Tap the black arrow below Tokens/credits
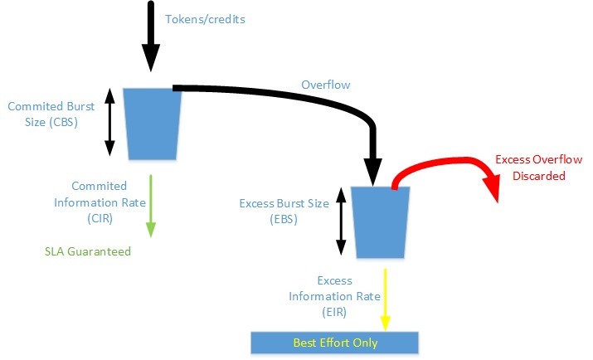coord(150,37)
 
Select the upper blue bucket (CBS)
coord(152,124)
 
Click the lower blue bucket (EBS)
coord(380,221)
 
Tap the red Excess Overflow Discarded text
coord(538,168)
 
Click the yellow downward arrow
coord(385,297)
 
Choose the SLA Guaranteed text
coord(88,251)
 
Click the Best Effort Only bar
coord(335,343)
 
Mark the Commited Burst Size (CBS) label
coord(52,114)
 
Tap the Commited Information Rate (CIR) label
coord(99,202)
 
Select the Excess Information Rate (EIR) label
coord(334,296)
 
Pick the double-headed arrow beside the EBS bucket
coord(339,221)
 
